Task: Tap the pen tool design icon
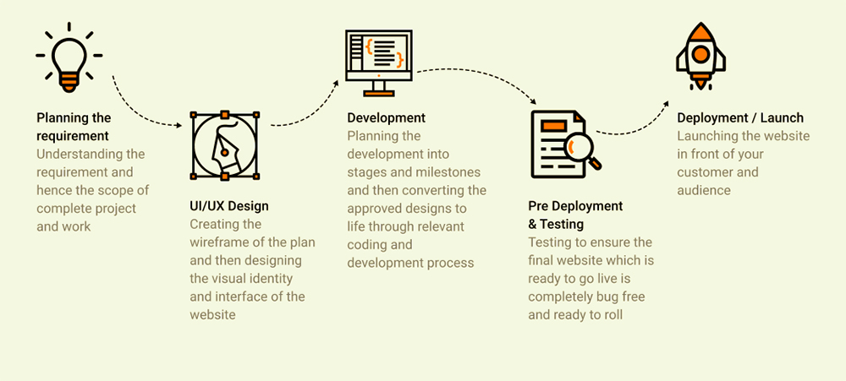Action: coord(224,145)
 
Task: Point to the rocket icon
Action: coord(700,56)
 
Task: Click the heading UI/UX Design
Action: coord(228,206)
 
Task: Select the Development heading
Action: coord(387,117)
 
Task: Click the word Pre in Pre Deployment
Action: coord(537,206)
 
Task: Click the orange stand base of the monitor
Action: coord(379,94)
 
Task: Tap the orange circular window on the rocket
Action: coord(700,54)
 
